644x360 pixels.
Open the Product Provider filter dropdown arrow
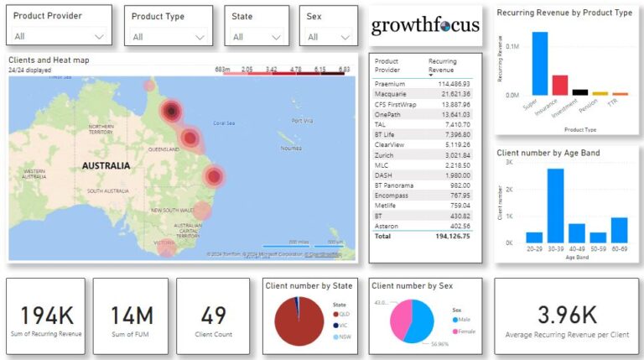(x=99, y=37)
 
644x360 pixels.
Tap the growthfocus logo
(x=425, y=24)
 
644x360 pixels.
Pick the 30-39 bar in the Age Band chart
(x=555, y=206)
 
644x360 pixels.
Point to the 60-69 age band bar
(x=619, y=230)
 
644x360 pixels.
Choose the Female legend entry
(x=467, y=331)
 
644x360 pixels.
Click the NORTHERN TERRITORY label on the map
(x=101, y=128)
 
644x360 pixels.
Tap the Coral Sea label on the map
(x=224, y=123)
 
